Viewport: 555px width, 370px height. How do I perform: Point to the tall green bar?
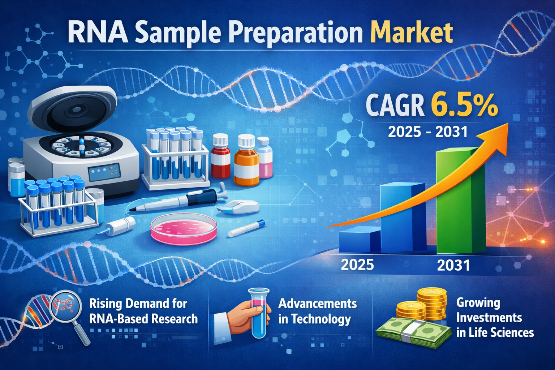[460, 201]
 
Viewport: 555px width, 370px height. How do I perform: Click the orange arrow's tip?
[508, 123]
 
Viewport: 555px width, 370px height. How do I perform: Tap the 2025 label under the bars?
[357, 265]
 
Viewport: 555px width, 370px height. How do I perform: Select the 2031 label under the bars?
[453, 266]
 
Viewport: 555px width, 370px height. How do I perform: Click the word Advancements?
[317, 304]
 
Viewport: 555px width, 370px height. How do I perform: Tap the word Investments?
[489, 318]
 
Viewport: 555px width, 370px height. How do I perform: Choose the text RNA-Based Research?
[143, 319]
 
